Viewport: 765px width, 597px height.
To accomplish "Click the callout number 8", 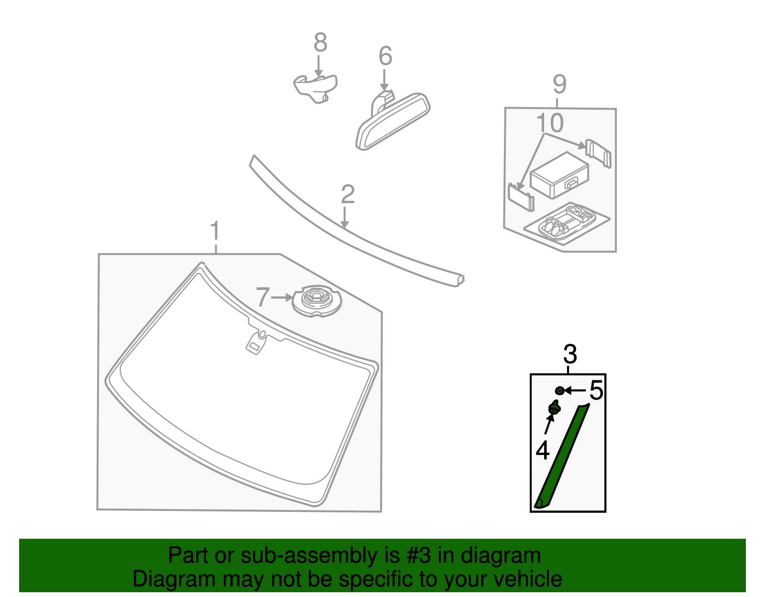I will pyautogui.click(x=320, y=43).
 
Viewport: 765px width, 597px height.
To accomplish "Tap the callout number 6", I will pyautogui.click(x=385, y=56).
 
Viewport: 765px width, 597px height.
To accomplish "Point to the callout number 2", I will pyautogui.click(x=348, y=195).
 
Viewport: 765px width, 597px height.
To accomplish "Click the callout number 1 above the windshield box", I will pyautogui.click(x=215, y=231).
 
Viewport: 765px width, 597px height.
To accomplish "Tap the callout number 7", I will pyautogui.click(x=263, y=297).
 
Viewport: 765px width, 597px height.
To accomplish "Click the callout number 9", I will pyautogui.click(x=559, y=85).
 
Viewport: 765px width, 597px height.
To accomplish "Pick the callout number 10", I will pyautogui.click(x=550, y=123).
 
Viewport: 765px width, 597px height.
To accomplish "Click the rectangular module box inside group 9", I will pyautogui.click(x=558, y=174).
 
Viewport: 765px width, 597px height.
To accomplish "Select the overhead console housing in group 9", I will pyautogui.click(x=567, y=223).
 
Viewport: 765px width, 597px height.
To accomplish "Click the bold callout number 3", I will pyautogui.click(x=570, y=355).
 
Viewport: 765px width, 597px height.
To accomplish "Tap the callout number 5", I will pyautogui.click(x=596, y=391).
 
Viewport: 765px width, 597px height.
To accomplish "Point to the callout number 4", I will pyautogui.click(x=543, y=451).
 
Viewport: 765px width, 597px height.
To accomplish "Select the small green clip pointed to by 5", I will pyautogui.click(x=559, y=391).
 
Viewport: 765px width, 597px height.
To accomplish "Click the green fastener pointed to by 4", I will pyautogui.click(x=554, y=409).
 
